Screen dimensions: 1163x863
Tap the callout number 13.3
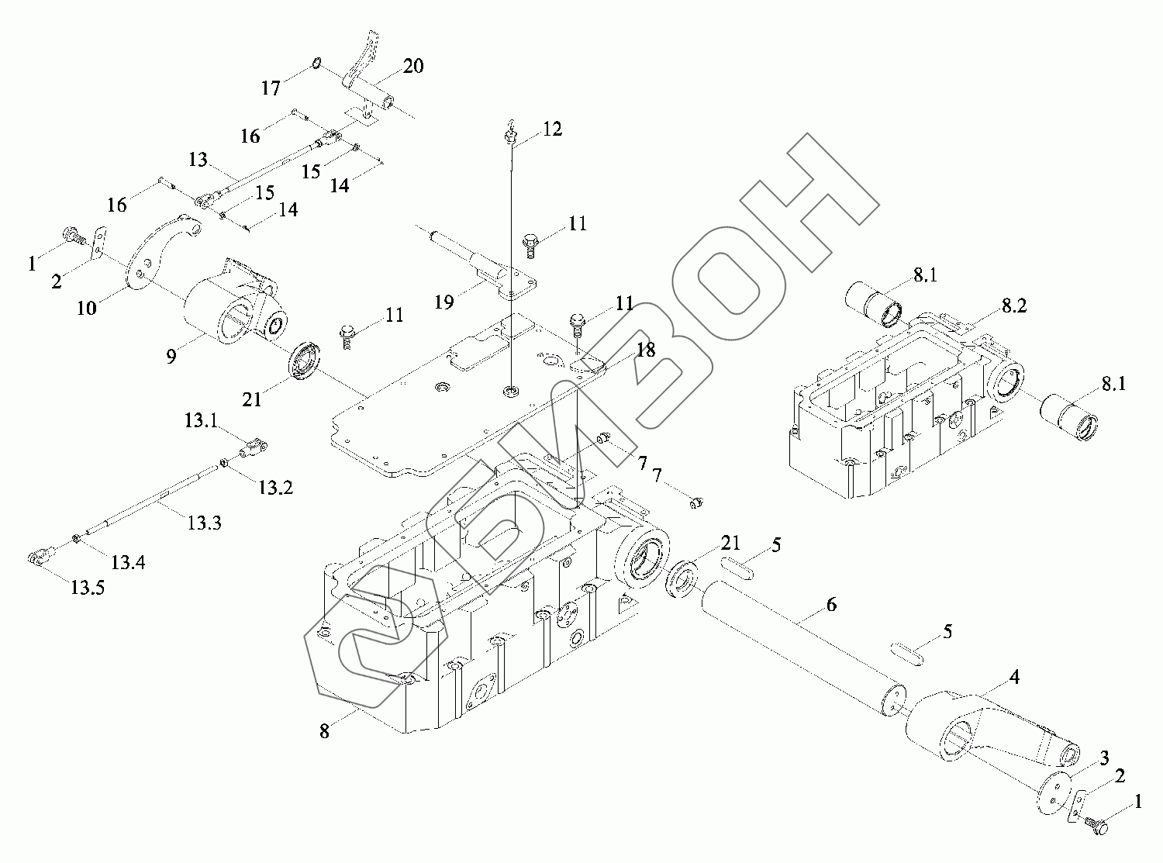pos(204,523)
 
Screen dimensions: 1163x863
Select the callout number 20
pos(413,66)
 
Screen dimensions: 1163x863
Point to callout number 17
pos(271,88)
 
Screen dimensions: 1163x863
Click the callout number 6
pos(831,604)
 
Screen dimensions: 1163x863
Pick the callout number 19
pos(443,302)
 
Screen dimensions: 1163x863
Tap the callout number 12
pos(552,129)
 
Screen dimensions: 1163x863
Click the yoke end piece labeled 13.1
pos(254,446)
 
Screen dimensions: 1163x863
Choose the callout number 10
pos(87,308)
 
